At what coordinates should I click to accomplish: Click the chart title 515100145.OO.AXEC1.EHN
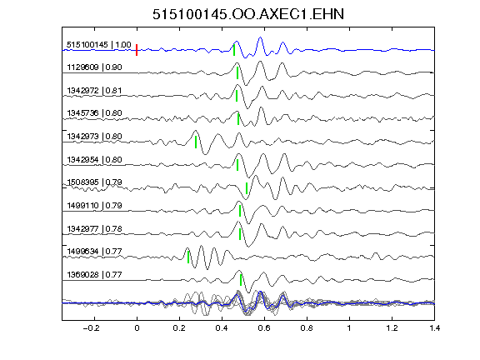coord(248,14)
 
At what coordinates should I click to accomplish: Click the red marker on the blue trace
coord(137,50)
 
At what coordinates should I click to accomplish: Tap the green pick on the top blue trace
coord(234,50)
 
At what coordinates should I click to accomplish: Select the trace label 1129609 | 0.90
coord(95,67)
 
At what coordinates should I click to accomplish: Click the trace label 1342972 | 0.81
coord(95,91)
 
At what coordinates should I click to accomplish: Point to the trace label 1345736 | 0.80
coord(95,113)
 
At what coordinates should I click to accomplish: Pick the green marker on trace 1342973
coord(196,142)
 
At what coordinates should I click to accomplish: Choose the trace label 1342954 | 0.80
coord(95,160)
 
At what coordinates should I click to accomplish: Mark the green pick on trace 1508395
coord(247,188)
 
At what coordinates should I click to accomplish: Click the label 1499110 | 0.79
coord(95,205)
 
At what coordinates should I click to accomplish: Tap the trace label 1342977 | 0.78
coord(95,229)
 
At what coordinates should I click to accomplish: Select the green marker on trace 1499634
coord(188,257)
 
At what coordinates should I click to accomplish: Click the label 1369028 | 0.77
coord(95,275)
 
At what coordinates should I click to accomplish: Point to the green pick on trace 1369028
coord(241,280)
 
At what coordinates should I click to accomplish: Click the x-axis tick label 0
coord(137,328)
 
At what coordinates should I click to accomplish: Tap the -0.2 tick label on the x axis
coord(91,328)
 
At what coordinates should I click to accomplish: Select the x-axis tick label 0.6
coord(264,328)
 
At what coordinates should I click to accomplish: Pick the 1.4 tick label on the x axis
coord(434,328)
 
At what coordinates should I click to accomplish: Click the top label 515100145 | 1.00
coord(99,45)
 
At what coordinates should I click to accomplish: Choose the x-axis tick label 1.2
coord(392,328)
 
